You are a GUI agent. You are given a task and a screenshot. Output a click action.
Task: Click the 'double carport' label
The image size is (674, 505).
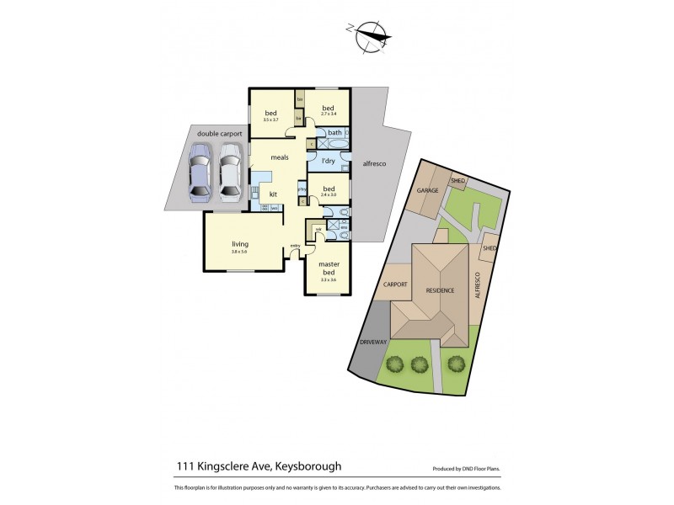[219, 134]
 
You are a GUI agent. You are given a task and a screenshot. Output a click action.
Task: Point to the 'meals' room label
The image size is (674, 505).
[280, 157]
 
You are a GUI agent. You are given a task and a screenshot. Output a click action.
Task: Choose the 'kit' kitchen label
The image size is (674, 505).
[273, 194]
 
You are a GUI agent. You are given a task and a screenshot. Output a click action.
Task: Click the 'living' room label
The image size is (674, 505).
[240, 244]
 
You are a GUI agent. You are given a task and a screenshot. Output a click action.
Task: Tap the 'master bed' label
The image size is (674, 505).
[328, 268]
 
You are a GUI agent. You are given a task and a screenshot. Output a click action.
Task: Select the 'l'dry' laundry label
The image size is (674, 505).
[329, 161]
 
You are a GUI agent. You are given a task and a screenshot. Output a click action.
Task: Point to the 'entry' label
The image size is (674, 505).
[295, 246]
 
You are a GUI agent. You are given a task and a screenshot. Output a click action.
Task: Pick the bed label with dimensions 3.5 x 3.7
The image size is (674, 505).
[271, 114]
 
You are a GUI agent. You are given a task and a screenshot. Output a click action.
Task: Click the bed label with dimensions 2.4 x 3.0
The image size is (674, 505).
[329, 189]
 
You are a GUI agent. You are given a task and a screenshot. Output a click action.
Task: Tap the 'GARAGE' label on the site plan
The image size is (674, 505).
[428, 191]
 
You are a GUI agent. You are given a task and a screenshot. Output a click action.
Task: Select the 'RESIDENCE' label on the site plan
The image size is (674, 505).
[439, 290]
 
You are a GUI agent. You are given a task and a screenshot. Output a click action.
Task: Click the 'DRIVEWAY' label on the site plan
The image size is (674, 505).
[372, 343]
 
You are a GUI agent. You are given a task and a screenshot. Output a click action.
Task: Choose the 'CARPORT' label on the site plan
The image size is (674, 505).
[395, 284]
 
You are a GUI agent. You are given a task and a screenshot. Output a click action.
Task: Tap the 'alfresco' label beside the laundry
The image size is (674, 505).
[373, 163]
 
